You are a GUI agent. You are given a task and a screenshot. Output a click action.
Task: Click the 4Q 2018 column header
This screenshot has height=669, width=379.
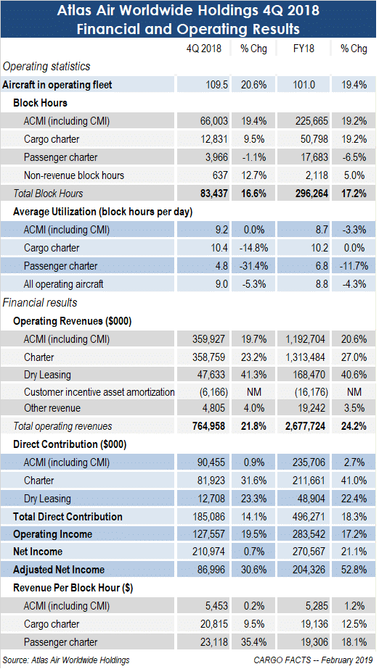click(x=204, y=49)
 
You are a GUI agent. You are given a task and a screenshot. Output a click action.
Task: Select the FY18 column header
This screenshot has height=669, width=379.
click(x=303, y=49)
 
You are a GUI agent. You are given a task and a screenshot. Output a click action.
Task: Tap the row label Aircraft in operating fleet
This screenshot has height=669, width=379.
click(x=57, y=85)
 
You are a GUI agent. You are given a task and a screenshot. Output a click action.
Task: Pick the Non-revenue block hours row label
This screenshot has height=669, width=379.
click(x=74, y=175)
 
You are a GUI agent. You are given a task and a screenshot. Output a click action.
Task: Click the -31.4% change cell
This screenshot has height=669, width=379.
click(x=253, y=266)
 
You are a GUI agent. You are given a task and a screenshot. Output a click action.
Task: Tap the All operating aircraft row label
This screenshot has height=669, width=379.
click(x=64, y=284)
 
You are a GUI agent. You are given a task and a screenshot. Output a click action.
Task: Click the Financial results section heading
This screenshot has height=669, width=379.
click(x=40, y=302)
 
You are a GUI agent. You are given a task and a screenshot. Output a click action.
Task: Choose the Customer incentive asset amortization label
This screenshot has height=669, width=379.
click(x=99, y=391)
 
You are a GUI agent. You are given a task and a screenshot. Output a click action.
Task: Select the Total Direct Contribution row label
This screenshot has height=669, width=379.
click(x=68, y=517)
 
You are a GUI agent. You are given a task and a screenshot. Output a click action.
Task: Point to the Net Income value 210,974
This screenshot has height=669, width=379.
click(x=208, y=552)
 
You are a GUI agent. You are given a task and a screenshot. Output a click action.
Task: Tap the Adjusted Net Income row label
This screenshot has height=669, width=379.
click(x=59, y=570)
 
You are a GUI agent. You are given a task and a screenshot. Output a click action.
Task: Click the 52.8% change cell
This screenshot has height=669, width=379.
click(x=354, y=570)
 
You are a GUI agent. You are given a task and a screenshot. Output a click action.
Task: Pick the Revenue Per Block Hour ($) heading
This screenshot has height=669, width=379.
click(x=73, y=588)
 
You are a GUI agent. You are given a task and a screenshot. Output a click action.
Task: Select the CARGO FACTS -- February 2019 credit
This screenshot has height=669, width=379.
click(x=313, y=660)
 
